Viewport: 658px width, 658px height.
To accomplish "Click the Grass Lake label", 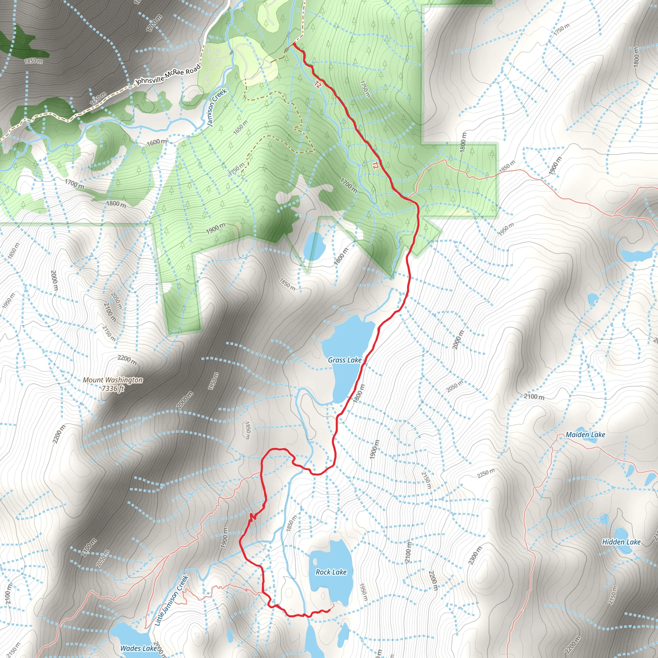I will [x=345, y=360].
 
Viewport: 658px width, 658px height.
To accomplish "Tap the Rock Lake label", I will [x=331, y=572].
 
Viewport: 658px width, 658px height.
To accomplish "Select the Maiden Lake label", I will [x=585, y=435].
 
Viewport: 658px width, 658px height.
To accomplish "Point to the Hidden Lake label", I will [x=621, y=542].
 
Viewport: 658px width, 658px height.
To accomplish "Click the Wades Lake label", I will [x=138, y=648].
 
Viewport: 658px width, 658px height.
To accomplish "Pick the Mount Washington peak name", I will [x=113, y=380].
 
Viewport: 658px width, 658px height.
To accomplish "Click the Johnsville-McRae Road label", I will [x=168, y=75].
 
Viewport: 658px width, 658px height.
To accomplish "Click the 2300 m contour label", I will [x=475, y=556].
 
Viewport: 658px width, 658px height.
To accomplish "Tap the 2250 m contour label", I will [x=486, y=473].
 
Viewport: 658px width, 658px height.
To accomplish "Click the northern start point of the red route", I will [x=294, y=44].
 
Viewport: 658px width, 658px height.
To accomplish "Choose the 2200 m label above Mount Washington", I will [x=127, y=360].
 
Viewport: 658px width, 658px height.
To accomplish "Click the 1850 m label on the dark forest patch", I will [x=33, y=61].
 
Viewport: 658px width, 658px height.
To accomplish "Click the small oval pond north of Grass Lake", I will [x=313, y=246].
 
